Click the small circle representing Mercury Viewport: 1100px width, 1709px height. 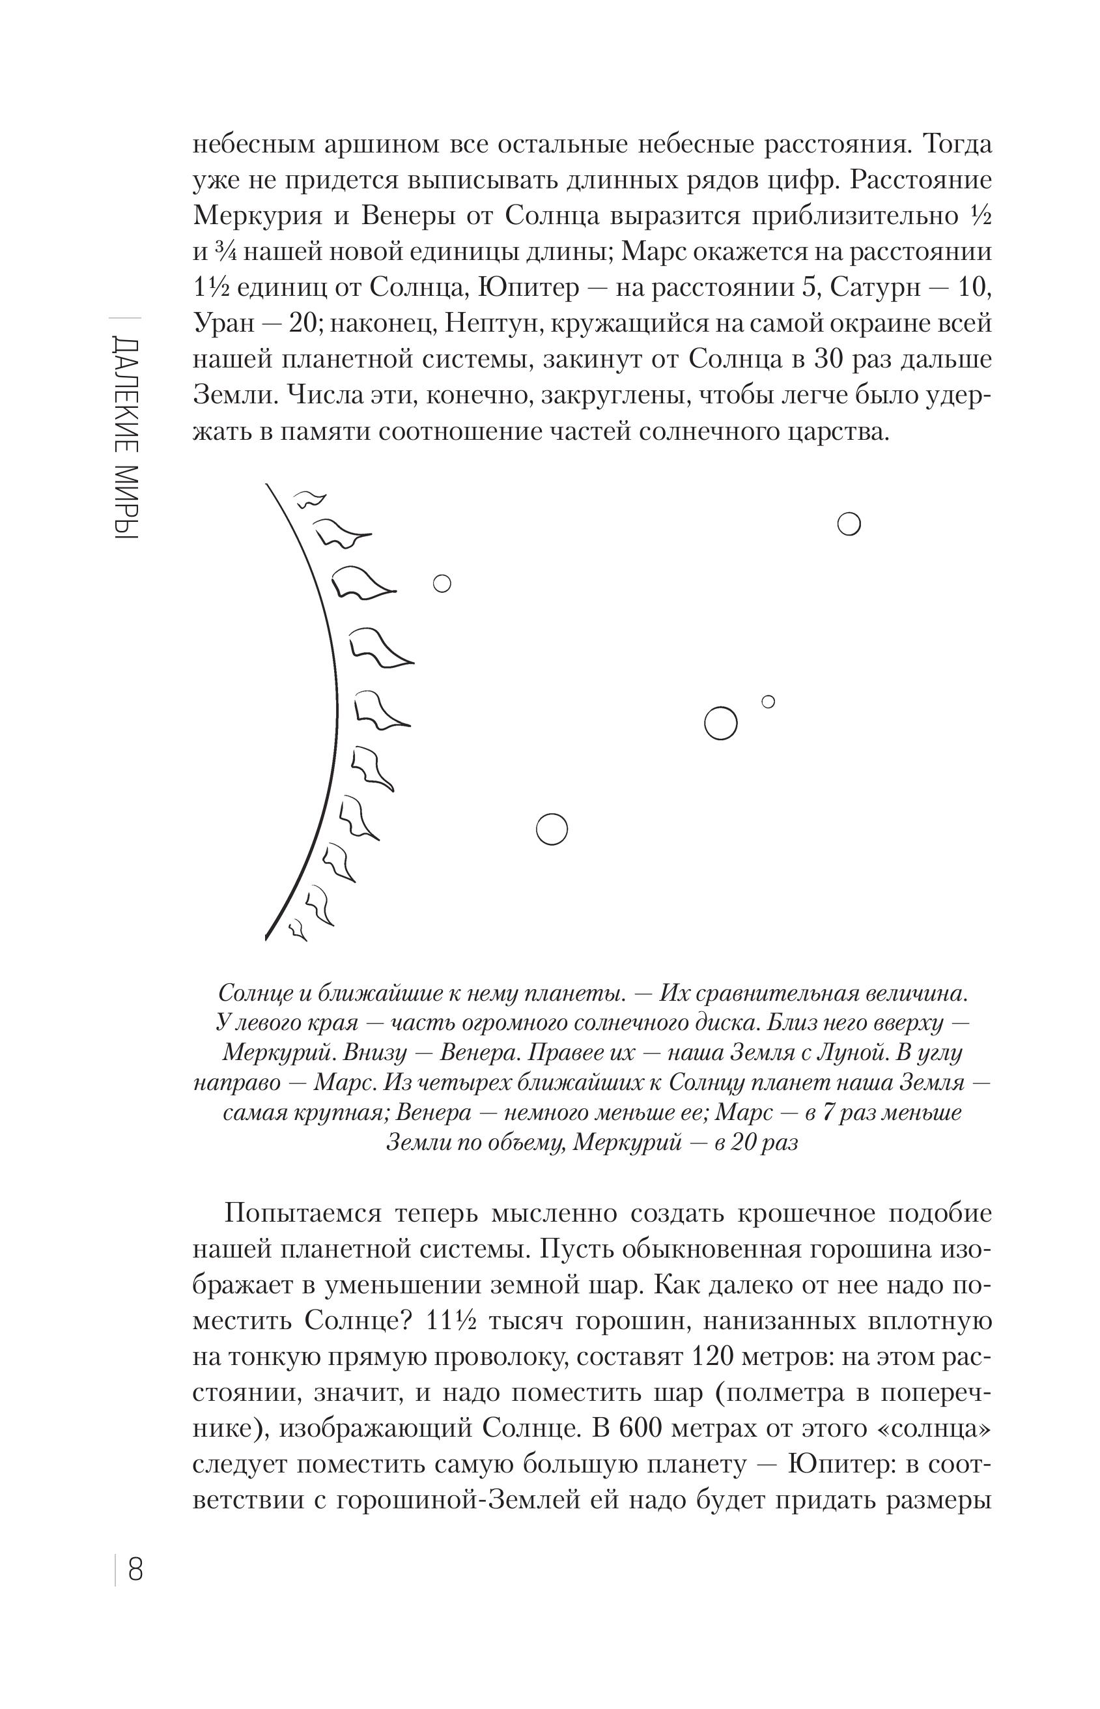tap(442, 584)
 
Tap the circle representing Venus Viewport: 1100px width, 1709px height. tap(552, 829)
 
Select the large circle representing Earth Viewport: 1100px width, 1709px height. tap(720, 723)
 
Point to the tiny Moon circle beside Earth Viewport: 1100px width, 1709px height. tap(769, 702)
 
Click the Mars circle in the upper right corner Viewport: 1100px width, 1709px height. tap(849, 524)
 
